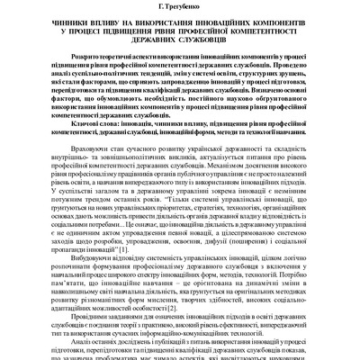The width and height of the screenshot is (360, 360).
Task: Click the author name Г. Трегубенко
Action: tap(180, 8)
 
